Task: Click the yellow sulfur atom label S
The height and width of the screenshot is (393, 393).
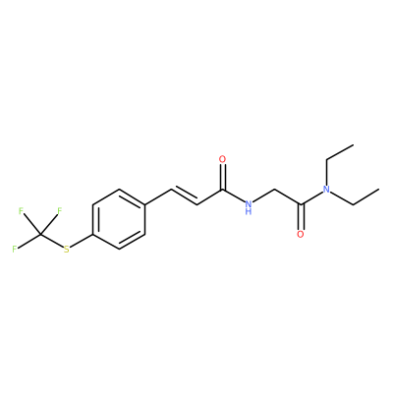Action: pos(67,250)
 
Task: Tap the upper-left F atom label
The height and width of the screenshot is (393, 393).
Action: pos(21,211)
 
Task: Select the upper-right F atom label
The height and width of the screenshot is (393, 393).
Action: pos(59,211)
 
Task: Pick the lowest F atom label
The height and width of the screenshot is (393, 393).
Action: pos(15,249)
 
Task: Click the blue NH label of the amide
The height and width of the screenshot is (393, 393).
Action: pos(249,205)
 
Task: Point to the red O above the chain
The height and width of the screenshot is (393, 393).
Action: pos(223,160)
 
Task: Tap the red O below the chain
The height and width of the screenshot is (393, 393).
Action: pos(301,234)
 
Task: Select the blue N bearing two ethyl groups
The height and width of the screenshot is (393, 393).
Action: pos(326,190)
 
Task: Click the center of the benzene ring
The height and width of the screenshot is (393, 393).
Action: pos(119,219)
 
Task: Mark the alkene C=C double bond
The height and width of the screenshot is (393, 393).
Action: pos(184,196)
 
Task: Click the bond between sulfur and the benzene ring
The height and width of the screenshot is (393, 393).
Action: pos(82,241)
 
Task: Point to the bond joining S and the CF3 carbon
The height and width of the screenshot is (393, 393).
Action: pos(52,241)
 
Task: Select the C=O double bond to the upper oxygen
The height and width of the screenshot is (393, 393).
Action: pos(223,177)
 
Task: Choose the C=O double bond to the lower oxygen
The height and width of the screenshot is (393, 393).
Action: pos(301,217)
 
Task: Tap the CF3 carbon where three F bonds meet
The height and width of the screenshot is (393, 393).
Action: pos(40,235)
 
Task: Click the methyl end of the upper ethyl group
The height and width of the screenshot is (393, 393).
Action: pos(353,144)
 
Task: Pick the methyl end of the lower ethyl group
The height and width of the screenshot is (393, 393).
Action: pos(379,190)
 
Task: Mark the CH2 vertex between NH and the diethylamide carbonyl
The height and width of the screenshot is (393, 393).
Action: pos(274,190)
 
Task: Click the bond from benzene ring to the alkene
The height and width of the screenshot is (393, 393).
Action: pos(158,196)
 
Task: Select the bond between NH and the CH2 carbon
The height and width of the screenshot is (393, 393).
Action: pos(264,196)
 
